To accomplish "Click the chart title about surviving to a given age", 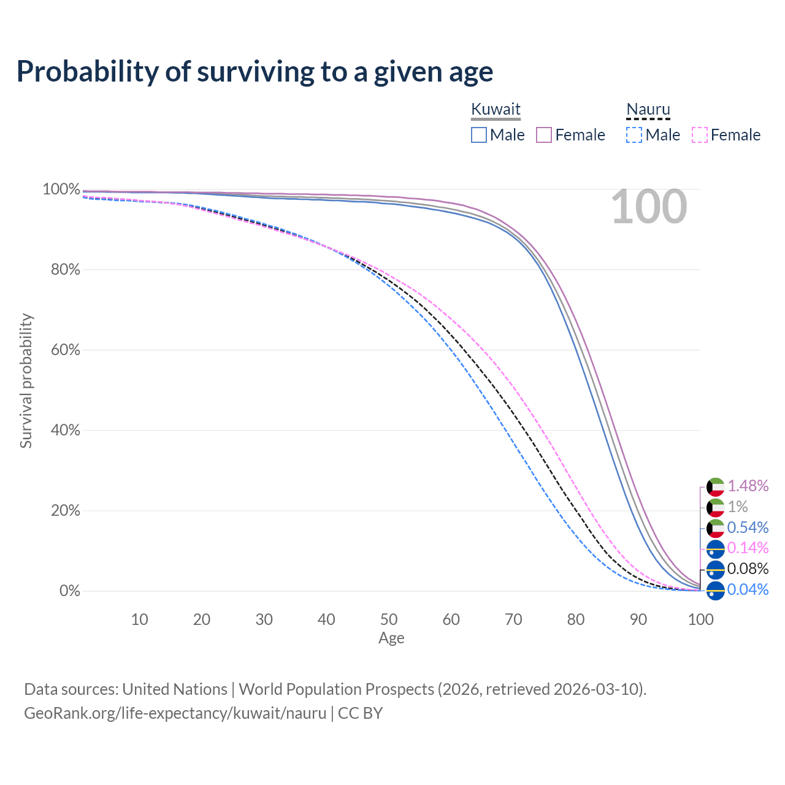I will (x=255, y=72).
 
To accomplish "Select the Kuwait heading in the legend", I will (x=496, y=109).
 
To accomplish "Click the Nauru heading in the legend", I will (x=648, y=109).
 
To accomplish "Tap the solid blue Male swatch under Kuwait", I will (x=479, y=135).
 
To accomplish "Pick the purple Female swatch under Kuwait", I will (x=544, y=135).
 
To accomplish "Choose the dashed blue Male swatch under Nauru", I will (x=634, y=135).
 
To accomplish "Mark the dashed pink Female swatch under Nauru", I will (x=699, y=135).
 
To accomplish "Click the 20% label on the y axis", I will (x=66, y=510).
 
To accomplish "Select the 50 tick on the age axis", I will (x=389, y=619).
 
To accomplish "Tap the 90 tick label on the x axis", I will (x=638, y=619).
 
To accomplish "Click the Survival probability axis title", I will (x=26, y=381).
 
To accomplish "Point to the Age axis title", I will (x=391, y=638).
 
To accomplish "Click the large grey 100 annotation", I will (x=649, y=207).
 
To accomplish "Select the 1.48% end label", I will (x=748, y=486).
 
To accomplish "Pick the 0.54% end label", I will (x=748, y=527).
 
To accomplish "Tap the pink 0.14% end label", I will (x=748, y=548).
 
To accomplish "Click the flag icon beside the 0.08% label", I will (x=716, y=570).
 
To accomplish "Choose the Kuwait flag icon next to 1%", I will (x=716, y=507).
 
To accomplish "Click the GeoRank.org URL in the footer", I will (x=175, y=713).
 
